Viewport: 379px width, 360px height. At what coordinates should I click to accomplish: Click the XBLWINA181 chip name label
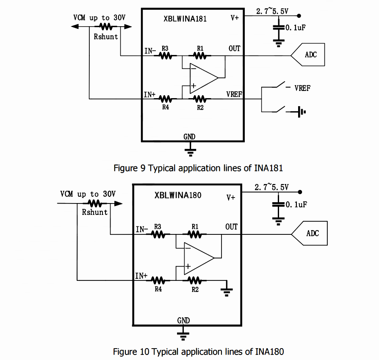coord(185,19)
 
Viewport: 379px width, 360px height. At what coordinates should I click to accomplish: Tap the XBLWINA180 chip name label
coord(178,195)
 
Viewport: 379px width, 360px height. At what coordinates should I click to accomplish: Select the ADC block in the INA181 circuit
coord(310,55)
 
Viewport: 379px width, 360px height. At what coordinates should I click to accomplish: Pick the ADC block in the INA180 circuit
coord(312,233)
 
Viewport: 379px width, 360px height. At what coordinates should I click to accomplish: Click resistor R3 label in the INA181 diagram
coord(165,49)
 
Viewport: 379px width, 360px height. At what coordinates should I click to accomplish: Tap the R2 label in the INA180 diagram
coord(195,289)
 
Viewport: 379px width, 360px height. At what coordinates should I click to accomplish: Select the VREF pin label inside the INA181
coord(234,94)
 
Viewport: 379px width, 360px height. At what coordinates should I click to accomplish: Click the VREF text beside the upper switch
coord(302,88)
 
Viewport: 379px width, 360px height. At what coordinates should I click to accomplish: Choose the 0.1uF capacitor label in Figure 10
coord(296,204)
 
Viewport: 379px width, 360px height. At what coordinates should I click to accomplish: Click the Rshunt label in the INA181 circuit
coord(106,36)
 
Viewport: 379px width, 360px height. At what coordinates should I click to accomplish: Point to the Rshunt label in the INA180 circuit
coord(95,212)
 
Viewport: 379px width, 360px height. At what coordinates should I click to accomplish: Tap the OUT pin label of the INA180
coord(231,227)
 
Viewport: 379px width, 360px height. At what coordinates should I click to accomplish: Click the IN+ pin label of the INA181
coord(150,95)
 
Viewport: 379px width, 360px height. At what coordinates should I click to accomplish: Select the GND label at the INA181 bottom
coord(189,137)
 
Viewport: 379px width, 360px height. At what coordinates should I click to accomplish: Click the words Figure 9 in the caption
coord(130,168)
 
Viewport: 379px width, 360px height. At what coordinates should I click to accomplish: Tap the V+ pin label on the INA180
coord(231,197)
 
